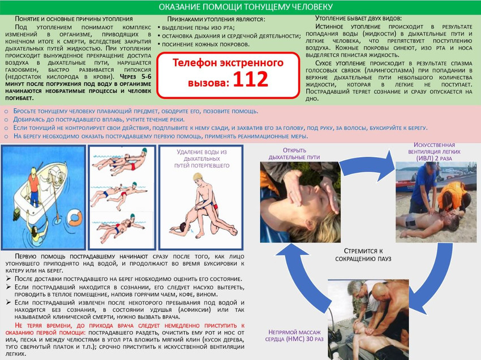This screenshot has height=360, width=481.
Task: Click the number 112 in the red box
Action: point(251,79)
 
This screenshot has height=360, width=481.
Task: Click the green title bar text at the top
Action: point(246,7)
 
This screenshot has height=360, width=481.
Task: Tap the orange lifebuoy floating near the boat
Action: point(75,217)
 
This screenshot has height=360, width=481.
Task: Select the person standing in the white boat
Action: point(34,187)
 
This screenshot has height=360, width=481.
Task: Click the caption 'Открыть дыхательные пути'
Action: point(294,154)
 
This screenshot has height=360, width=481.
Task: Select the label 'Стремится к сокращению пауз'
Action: point(363,255)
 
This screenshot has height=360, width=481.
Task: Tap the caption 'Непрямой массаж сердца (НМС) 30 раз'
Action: point(294,336)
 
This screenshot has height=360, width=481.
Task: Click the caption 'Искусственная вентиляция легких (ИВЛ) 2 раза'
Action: point(434,152)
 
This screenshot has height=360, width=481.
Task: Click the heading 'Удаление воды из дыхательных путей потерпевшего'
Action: point(202,158)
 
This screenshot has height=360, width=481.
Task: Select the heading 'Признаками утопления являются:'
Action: point(216,19)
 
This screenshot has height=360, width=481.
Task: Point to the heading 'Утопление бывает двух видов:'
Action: point(359,18)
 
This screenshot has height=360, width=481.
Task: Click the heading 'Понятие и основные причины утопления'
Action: point(74,19)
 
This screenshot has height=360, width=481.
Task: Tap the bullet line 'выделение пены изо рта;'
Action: point(198,28)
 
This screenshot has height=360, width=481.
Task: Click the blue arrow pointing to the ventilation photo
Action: point(367,166)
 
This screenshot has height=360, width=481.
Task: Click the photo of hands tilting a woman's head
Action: point(300,202)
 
